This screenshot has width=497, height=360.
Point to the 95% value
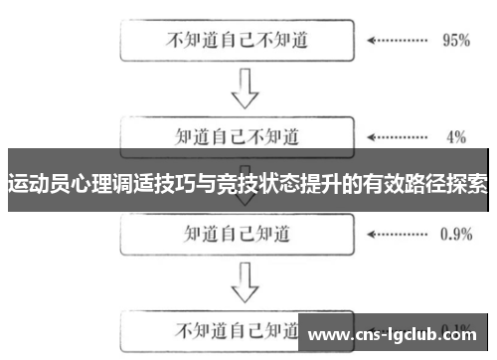tap(455, 42)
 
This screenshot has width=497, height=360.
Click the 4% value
tap(456, 136)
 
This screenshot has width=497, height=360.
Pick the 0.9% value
tap(454, 235)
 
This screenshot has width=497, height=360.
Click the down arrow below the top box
tap(244, 89)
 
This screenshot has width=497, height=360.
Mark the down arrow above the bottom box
tap(244, 283)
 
